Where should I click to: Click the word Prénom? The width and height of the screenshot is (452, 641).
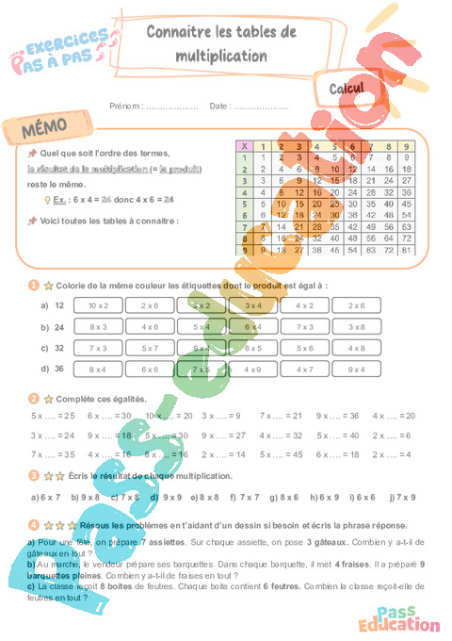click(125, 106)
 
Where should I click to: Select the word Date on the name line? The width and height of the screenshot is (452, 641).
click(218, 106)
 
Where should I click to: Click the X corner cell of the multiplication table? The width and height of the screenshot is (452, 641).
click(245, 146)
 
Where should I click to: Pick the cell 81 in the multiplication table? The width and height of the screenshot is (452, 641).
click(406, 251)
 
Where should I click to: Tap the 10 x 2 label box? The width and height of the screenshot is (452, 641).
click(99, 305)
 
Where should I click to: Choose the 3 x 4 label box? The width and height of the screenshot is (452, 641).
click(252, 305)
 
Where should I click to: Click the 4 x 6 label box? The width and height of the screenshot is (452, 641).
click(150, 326)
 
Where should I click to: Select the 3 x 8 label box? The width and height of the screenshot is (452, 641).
click(356, 326)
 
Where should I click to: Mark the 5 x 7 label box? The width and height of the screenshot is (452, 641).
click(150, 348)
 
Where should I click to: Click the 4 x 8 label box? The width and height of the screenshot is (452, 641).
click(356, 348)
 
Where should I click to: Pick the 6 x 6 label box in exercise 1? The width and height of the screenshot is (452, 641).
click(150, 370)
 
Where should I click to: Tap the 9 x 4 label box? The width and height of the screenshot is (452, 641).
click(356, 370)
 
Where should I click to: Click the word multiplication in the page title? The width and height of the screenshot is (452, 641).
click(221, 56)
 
